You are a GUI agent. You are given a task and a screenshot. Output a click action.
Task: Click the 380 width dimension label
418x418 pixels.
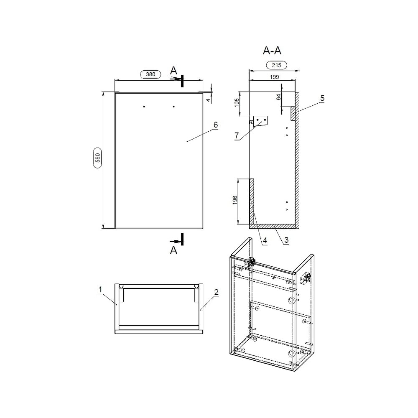click(x=150, y=74)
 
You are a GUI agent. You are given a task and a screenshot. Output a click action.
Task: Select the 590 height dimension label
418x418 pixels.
click(x=97, y=158)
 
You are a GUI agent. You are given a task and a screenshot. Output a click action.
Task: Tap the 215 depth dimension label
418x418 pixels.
click(x=276, y=65)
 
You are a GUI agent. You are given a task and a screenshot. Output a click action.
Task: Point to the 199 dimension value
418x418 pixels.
click(x=274, y=77)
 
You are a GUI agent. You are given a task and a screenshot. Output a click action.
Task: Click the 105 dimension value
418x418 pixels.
click(x=237, y=103)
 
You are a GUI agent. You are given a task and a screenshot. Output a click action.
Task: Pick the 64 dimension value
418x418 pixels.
click(x=278, y=97)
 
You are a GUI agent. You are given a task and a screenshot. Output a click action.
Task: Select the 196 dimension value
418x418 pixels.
click(x=235, y=200)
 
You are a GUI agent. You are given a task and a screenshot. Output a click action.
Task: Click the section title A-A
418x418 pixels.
click(x=272, y=51)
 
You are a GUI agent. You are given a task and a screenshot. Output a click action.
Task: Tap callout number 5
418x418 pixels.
click(x=322, y=98)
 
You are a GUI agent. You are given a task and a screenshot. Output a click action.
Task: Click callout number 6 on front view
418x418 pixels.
click(x=216, y=125)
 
